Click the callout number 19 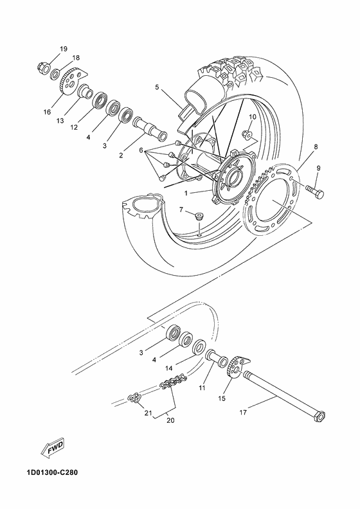click(x=63, y=49)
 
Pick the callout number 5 click(x=156, y=86)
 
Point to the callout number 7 click(x=182, y=210)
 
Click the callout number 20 click(x=170, y=421)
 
